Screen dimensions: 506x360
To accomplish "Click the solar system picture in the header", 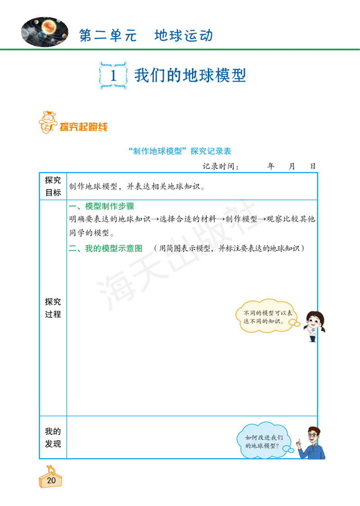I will point(44,31).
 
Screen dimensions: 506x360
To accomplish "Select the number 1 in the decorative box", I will point(113,75).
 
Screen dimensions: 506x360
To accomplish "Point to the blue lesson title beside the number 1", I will point(190,75).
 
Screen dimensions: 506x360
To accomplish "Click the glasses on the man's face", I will point(313,435).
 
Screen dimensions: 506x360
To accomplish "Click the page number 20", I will point(51,481).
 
